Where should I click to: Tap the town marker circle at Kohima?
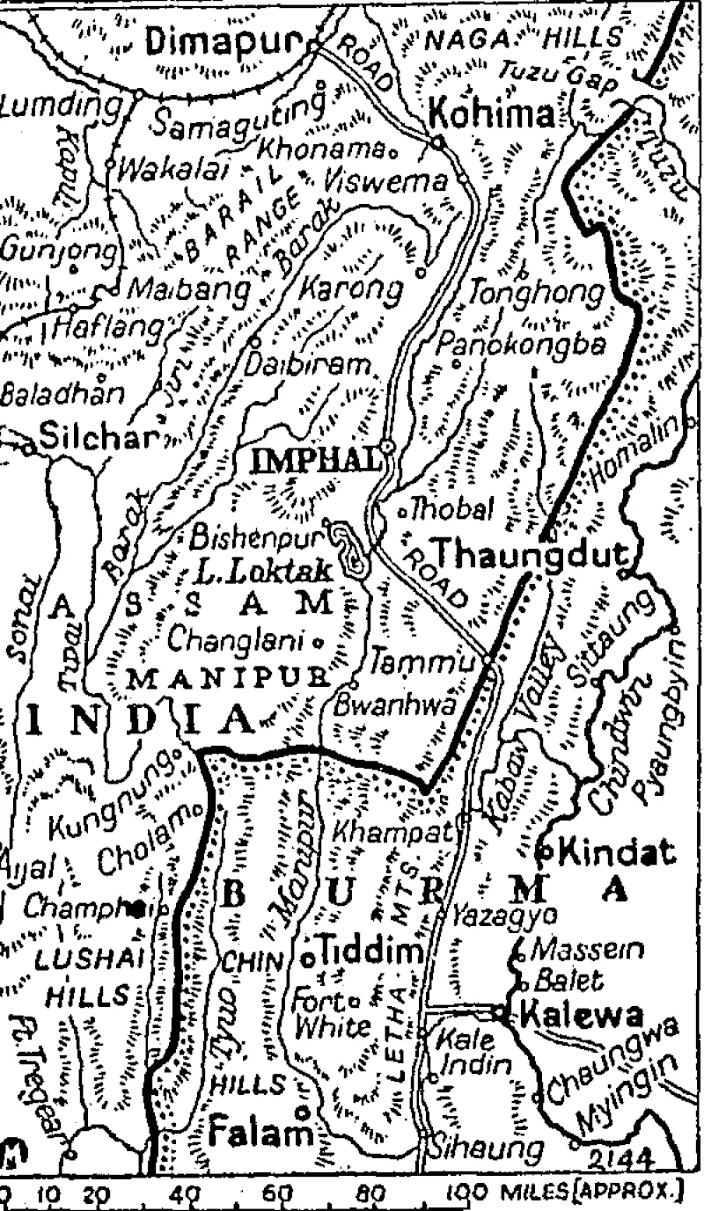[x=437, y=141]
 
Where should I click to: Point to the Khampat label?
[x=392, y=829]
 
